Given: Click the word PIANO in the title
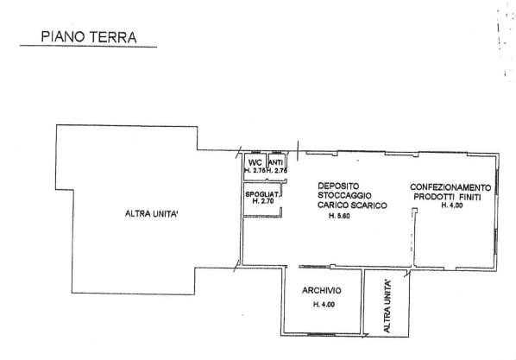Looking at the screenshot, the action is pos(63,37).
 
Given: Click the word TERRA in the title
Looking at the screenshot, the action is pos(112,37).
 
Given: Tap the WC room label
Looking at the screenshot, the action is pos(255,162).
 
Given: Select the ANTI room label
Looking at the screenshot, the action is pos(276,162).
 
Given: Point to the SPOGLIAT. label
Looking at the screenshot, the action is pos(262,194).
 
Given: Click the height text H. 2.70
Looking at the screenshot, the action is pos(263,201).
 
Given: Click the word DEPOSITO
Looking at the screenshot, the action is pos(338,186).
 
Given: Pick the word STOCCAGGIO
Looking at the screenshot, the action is pos(344,195).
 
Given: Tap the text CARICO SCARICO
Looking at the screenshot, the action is pos(352,205).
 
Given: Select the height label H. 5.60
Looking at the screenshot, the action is pos(339,216).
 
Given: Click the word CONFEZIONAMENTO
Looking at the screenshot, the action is pos(450,187).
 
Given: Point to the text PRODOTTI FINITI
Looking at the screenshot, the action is pos(447,197).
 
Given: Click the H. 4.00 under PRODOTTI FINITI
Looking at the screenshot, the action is pos(452,205).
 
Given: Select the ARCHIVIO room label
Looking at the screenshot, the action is pos(322,290).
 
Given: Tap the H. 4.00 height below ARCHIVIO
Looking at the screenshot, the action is pos(324,305).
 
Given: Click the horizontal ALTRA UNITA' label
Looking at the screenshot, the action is pos(152,214).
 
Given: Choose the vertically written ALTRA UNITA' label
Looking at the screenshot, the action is pos(387,306).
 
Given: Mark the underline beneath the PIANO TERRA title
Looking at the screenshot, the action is pos(88,46).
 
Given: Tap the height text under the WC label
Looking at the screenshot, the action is pos(255,171).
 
